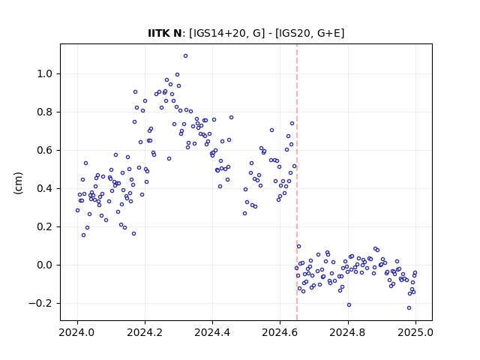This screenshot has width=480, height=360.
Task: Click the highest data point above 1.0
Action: (x=185, y=56)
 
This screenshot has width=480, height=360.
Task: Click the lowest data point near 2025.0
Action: (x=409, y=308)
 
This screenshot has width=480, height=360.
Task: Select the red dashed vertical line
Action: (x=297, y=182)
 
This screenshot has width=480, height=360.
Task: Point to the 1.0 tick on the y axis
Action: (x=60, y=73)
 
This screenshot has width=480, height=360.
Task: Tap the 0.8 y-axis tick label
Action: (x=45, y=112)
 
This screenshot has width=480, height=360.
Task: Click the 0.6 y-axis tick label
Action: (x=45, y=151)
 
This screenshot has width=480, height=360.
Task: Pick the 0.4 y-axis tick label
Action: (x=45, y=189)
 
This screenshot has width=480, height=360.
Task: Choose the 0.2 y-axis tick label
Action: (x=45, y=227)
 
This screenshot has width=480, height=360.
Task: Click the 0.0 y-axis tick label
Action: (x=45, y=265)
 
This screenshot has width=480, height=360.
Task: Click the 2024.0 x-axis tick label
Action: (x=77, y=332)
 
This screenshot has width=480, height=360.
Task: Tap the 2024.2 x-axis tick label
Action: (x=145, y=332)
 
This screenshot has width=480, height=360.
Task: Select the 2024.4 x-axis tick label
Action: (x=212, y=332)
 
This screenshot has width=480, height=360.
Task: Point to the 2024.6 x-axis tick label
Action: (x=280, y=332)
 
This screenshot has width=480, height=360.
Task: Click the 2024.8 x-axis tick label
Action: (x=348, y=332)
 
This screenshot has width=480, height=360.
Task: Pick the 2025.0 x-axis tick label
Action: (x=415, y=332)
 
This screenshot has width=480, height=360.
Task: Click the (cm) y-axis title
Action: (x=18, y=183)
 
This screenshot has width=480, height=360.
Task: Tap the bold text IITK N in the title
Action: (x=165, y=33)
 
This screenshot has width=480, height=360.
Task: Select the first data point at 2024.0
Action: (x=77, y=211)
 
